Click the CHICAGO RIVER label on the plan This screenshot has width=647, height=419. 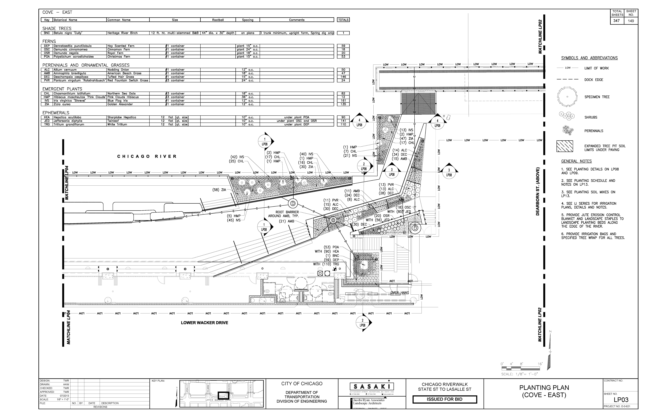point(147,156)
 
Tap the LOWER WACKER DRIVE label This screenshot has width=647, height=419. point(204,323)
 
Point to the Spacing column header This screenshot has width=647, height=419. point(247,20)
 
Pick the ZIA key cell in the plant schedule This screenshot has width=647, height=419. point(47,104)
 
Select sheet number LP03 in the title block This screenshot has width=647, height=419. point(621,400)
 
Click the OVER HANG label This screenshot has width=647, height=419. point(400,293)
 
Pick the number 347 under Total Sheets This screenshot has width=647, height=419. point(617,21)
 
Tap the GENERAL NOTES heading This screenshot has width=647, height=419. point(576,161)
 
